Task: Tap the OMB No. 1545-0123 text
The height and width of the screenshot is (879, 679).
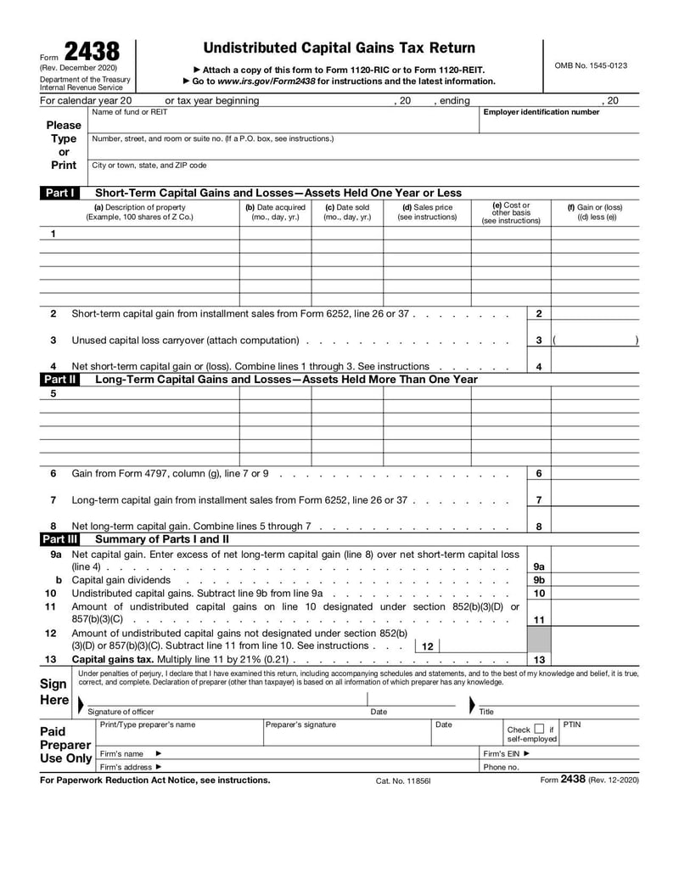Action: pyautogui.click(x=591, y=65)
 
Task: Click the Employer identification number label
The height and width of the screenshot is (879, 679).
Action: pyautogui.click(x=541, y=112)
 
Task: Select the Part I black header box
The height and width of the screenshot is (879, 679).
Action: pyautogui.click(x=59, y=193)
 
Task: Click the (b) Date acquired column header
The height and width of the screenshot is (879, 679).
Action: pyautogui.click(x=275, y=211)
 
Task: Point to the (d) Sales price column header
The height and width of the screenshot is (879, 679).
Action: pyautogui.click(x=427, y=211)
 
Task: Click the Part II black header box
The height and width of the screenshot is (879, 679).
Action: pyautogui.click(x=59, y=380)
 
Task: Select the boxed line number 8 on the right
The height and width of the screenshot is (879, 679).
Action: pyautogui.click(x=539, y=527)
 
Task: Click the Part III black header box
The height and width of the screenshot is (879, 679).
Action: pyautogui.click(x=60, y=538)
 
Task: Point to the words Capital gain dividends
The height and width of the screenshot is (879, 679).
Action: pyautogui.click(x=121, y=580)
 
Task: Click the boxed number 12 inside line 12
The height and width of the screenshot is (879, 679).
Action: pyautogui.click(x=427, y=646)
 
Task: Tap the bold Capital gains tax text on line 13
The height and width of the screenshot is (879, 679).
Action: pyautogui.click(x=112, y=659)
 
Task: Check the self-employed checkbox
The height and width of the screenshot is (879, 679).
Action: pyautogui.click(x=539, y=729)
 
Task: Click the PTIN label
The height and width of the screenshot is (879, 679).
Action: pyautogui.click(x=572, y=724)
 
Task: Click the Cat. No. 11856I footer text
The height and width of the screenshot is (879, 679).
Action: pyautogui.click(x=403, y=780)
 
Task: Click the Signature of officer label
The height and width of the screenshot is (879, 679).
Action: pyautogui.click(x=121, y=712)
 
